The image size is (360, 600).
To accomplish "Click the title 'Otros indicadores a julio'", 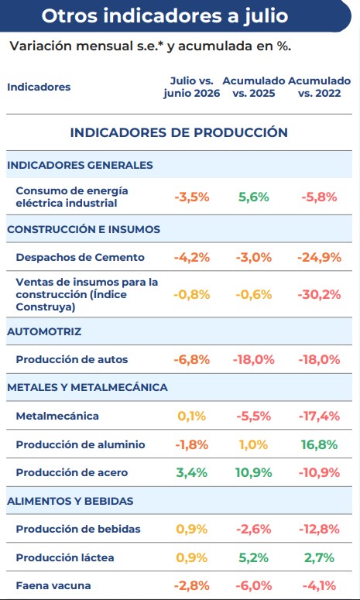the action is point(164,15).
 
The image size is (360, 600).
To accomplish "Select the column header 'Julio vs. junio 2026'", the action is point(192,87).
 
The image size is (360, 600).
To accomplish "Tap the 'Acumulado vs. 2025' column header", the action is point(254,87).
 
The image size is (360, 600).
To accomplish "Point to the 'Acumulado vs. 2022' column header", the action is point(320,87).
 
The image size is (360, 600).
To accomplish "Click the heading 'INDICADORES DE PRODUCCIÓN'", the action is point(179,132).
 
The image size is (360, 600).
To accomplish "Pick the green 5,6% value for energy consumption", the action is point(254,197).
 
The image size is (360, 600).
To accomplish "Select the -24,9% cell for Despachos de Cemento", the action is point(319,257).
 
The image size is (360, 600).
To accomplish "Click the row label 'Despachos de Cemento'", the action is point(80,257).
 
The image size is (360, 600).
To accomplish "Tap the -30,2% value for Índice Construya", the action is point(319,295).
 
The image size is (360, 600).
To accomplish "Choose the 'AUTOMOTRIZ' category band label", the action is point(44,331).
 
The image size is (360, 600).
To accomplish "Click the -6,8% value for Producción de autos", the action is point(192,360).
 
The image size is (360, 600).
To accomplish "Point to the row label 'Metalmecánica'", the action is point(57,416).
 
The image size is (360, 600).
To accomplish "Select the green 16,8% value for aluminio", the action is point(319,444).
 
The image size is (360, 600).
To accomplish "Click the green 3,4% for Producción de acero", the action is point(192,472).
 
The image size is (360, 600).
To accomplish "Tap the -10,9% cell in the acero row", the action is point(319,472).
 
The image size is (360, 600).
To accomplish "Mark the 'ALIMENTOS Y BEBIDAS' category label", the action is point(70,501).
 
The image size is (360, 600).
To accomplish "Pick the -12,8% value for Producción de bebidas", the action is point(319,530).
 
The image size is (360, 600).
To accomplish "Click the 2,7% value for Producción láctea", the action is point(319,557).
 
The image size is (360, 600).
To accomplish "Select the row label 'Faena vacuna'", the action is point(53,586).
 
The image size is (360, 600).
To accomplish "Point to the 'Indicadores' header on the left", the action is point(39,87).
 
